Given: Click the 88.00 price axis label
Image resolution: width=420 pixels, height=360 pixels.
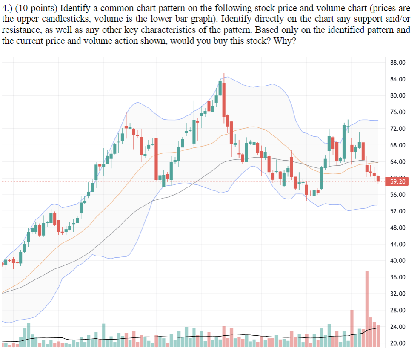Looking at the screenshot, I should point(398,63).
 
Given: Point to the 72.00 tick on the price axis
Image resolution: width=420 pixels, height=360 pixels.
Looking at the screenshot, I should point(398,129).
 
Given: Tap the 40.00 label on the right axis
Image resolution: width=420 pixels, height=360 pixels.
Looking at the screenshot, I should point(398,261).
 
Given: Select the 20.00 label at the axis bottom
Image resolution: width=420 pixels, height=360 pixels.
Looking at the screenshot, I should point(398,343).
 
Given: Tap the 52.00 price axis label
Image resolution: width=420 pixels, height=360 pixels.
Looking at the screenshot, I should point(398,211).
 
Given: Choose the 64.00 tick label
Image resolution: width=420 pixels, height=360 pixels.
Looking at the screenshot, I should point(398,162).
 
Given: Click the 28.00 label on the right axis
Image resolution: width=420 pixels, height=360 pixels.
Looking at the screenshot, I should point(398,310).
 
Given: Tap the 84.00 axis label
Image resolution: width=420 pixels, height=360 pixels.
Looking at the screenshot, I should point(398,79).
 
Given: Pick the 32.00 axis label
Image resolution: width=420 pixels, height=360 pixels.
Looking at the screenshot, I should point(398,294).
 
